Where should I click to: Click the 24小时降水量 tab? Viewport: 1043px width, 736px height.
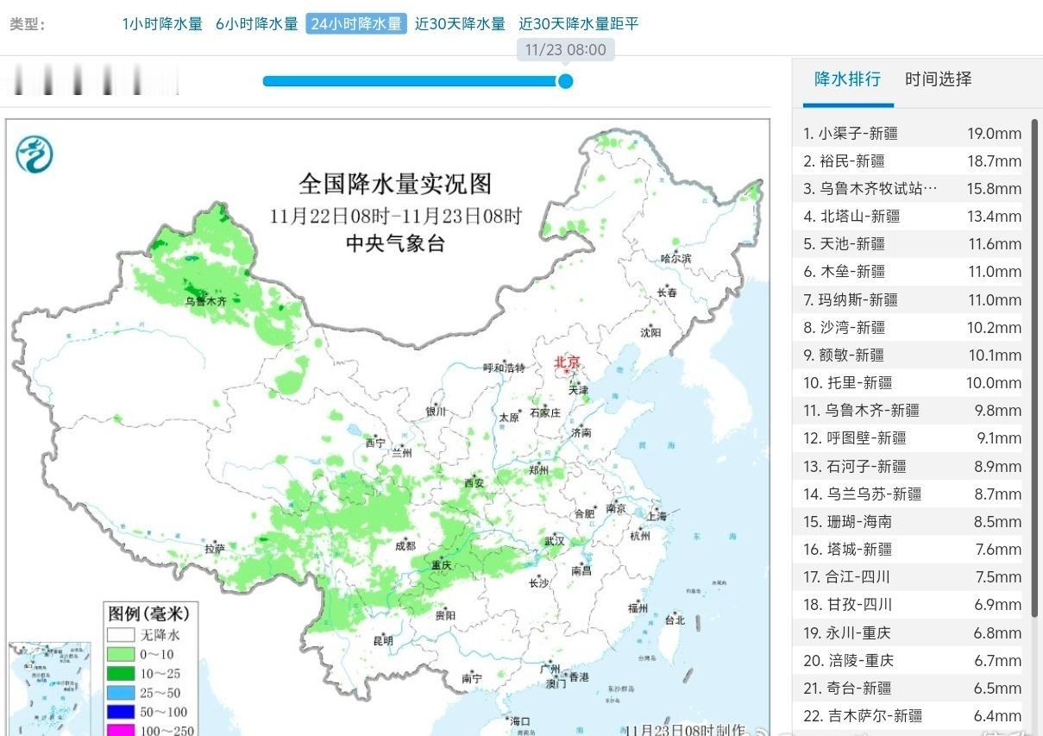pyautogui.click(x=355, y=24)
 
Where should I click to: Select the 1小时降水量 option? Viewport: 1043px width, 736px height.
pyautogui.click(x=162, y=24)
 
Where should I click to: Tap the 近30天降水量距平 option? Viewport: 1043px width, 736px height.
pyautogui.click(x=578, y=24)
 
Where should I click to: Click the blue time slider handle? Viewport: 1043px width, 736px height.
pyautogui.click(x=565, y=81)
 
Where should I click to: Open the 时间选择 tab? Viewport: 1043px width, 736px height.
pyautogui.click(x=938, y=79)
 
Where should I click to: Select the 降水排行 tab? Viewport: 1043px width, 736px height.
pyautogui.click(x=847, y=79)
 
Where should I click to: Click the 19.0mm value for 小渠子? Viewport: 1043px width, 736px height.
pyautogui.click(x=994, y=133)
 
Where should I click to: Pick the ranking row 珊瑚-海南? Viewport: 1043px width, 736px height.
pyautogui.click(x=847, y=521)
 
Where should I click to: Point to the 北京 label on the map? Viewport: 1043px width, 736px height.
pyautogui.click(x=569, y=362)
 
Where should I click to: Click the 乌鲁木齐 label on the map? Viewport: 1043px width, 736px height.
pyautogui.click(x=205, y=301)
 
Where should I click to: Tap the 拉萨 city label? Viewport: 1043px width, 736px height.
pyautogui.click(x=215, y=548)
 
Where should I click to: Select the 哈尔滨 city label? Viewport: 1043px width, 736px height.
pyautogui.click(x=675, y=258)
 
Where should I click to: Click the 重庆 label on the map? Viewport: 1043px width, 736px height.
pyautogui.click(x=441, y=565)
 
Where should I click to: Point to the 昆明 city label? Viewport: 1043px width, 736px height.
pyautogui.click(x=382, y=640)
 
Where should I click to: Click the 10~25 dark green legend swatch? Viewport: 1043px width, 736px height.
pyautogui.click(x=121, y=673)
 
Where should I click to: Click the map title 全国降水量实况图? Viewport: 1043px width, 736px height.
pyautogui.click(x=394, y=184)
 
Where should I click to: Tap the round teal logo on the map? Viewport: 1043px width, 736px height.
pyautogui.click(x=35, y=155)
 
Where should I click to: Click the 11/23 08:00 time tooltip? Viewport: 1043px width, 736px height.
pyautogui.click(x=565, y=49)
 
